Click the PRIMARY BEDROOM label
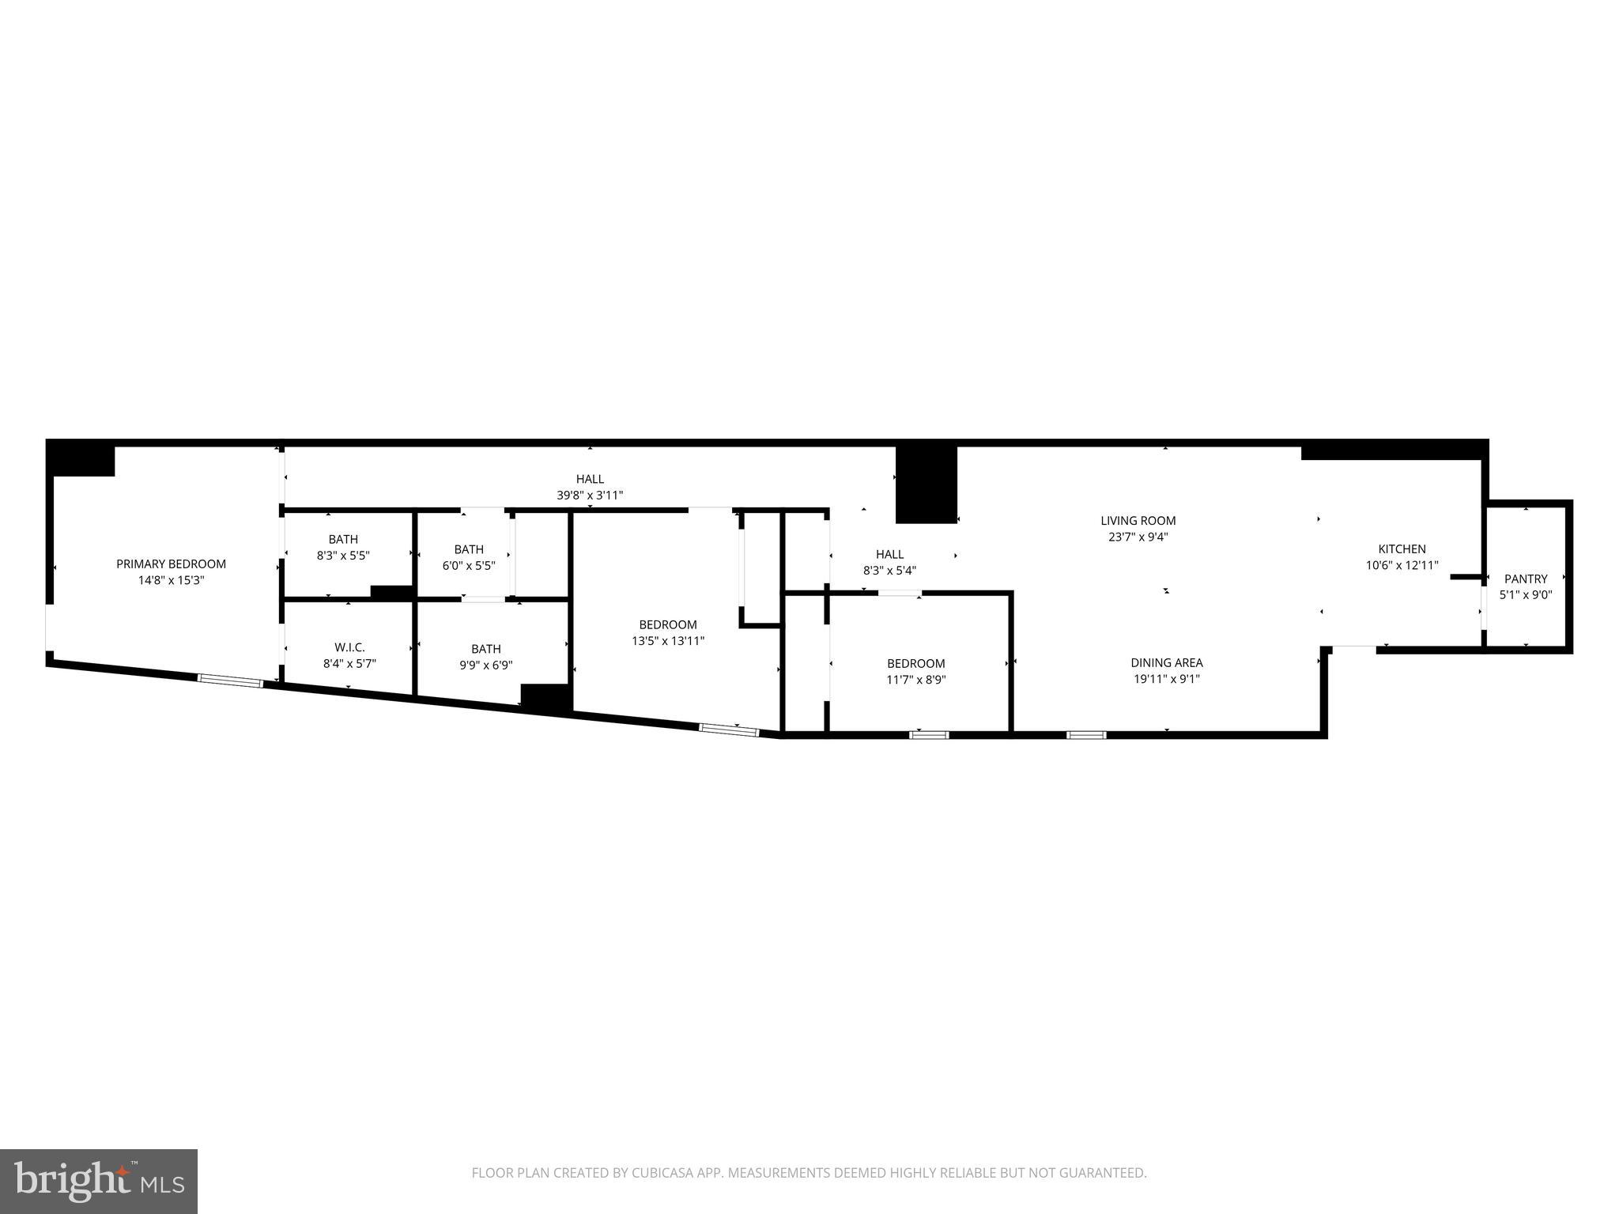(171, 564)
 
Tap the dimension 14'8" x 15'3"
(171, 580)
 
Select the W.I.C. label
(349, 647)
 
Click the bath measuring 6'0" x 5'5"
(469, 549)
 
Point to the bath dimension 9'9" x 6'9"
(485, 665)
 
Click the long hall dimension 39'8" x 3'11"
(590, 496)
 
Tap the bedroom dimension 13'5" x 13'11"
(667, 641)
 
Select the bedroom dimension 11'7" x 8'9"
(915, 680)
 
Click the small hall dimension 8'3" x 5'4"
(889, 571)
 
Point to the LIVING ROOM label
(1138, 520)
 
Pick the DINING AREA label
(1166, 662)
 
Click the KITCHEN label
(1402, 549)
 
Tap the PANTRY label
(1525, 579)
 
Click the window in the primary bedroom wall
(230, 680)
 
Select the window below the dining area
(1085, 735)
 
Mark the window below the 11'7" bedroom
(928, 735)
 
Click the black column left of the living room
(926, 484)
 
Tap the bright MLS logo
(99, 1181)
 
